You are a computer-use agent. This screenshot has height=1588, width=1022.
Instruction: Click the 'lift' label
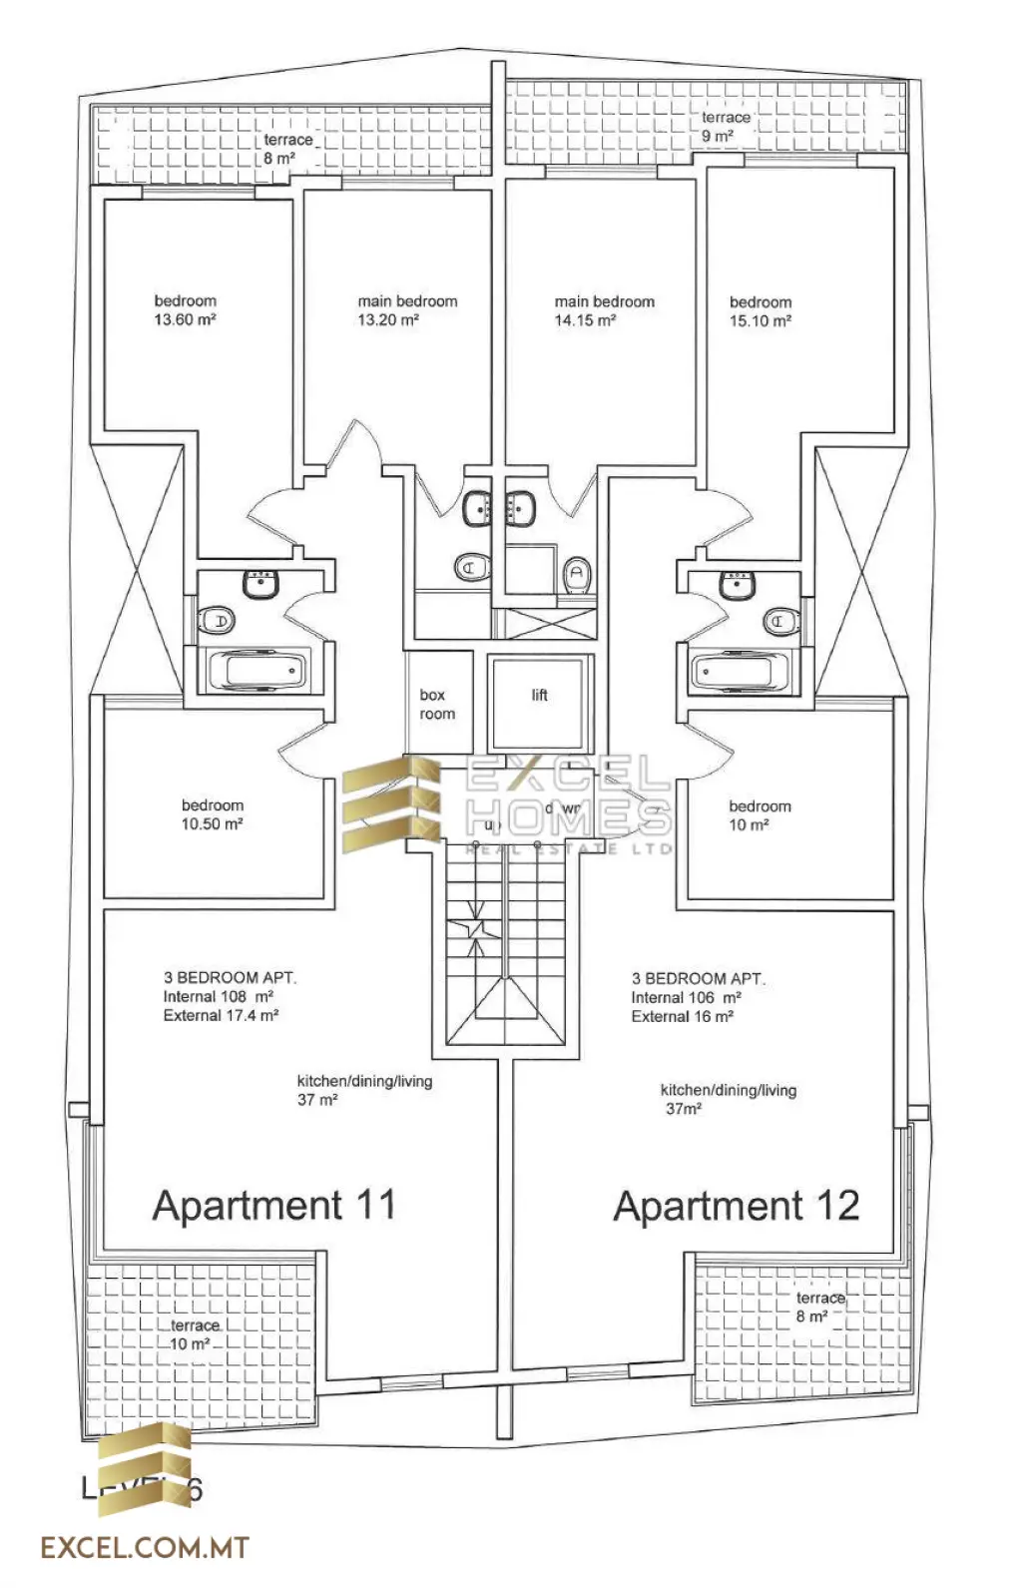pos(539,695)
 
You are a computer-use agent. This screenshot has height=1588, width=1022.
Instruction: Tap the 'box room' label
pos(437,705)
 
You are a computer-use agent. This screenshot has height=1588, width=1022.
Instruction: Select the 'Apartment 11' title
pos(274,1206)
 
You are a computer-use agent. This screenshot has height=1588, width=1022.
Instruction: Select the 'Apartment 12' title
pos(737,1207)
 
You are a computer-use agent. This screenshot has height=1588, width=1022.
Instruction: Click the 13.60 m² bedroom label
pos(186,310)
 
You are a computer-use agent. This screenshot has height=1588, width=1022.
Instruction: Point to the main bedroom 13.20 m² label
pos(407,310)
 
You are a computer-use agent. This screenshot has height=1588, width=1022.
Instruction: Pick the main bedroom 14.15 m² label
pos(604,310)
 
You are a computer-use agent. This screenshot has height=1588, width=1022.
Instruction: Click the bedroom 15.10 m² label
pos(761,311)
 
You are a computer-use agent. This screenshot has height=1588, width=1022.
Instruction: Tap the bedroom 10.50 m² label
pos(213,814)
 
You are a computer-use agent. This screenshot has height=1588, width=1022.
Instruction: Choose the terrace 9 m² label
pos(725,127)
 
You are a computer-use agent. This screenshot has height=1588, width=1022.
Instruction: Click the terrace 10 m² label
pos(194,1334)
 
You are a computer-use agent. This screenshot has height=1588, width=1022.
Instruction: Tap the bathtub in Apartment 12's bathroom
pos(740,671)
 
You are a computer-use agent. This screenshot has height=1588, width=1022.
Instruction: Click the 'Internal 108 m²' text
pos(219,996)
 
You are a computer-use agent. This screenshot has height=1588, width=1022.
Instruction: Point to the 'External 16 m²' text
pos(682,1016)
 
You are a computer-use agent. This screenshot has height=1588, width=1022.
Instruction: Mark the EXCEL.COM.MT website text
pos(145,1548)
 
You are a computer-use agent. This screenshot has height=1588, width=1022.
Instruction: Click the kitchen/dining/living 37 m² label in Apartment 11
pos(364,1090)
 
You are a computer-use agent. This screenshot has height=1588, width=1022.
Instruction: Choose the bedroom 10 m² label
pos(760,815)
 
